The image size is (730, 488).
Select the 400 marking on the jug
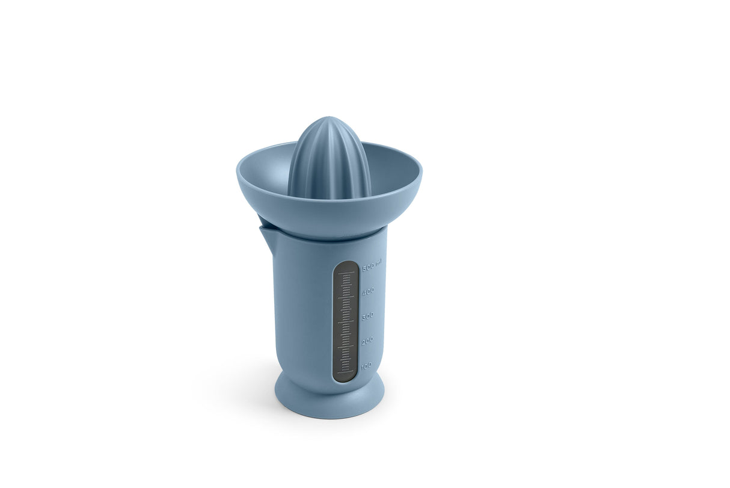tap(368, 291)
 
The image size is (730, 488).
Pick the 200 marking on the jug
tap(367, 340)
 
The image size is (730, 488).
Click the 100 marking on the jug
tap(366, 365)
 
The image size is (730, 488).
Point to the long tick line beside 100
tap(345, 371)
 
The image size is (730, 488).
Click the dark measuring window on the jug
tap(346, 322)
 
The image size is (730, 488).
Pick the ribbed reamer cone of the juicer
tap(329, 159)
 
